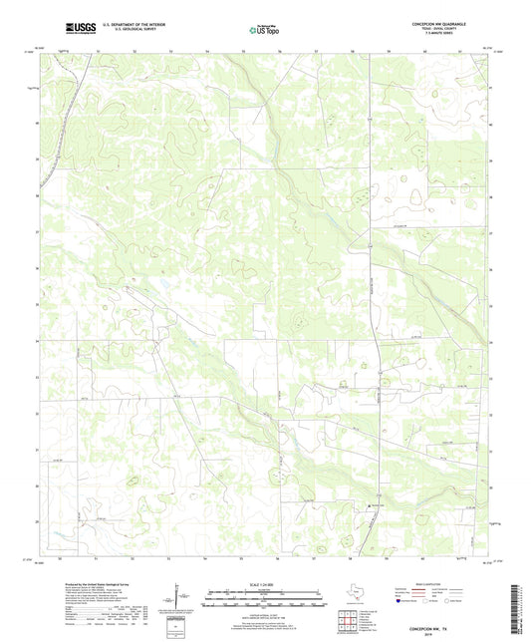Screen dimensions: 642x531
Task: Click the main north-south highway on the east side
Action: [369, 299]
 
